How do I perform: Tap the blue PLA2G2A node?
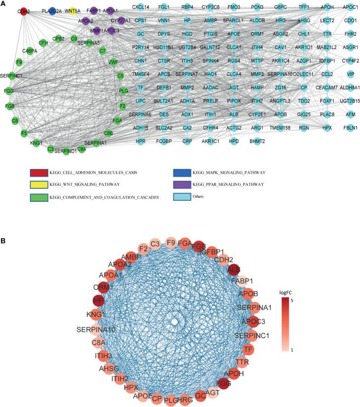(x=52, y=10)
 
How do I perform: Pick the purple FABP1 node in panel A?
(x=94, y=10)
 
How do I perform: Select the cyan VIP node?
(x=350, y=74)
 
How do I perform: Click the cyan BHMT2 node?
(x=257, y=141)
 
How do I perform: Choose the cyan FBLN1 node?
(x=350, y=128)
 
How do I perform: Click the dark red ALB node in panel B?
(x=234, y=270)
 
